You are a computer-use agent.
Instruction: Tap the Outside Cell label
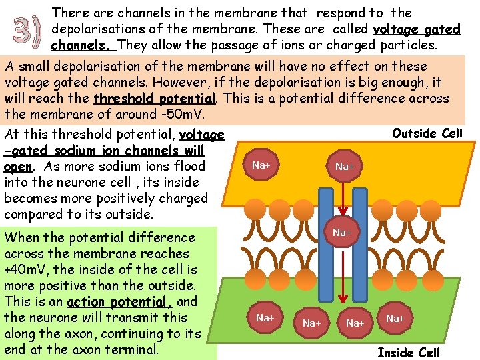click(427, 133)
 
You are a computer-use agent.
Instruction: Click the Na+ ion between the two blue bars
click(343, 232)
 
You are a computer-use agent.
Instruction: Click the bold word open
click(18, 166)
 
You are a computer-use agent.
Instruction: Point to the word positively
click(143, 198)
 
